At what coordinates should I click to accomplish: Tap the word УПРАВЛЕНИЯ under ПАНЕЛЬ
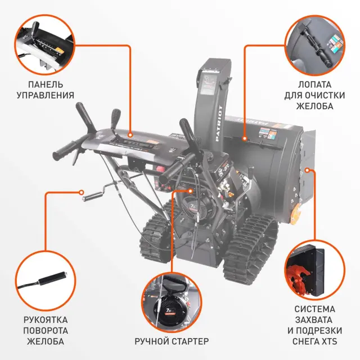45,96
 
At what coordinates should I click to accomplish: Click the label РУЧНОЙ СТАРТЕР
172,341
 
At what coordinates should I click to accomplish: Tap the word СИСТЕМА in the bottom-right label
314,309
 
